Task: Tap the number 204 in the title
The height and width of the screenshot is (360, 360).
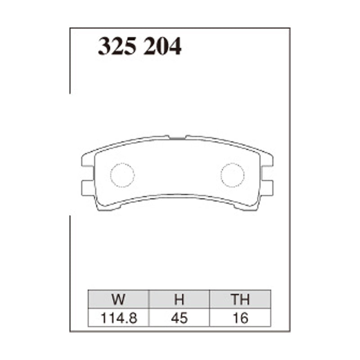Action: click(162, 46)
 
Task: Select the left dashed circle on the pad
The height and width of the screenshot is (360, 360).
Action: click(122, 175)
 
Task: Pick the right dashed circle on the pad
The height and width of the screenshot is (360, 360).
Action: click(232, 175)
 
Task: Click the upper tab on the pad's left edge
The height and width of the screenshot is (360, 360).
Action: click(87, 161)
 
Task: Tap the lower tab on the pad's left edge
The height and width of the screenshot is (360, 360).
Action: click(87, 188)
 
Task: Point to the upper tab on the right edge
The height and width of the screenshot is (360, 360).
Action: click(267, 161)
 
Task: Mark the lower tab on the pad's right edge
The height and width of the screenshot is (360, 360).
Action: click(267, 188)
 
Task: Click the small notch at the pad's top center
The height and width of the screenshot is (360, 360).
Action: click(177, 136)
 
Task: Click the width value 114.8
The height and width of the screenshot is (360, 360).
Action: click(118, 318)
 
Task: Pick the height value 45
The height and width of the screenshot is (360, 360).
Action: click(179, 318)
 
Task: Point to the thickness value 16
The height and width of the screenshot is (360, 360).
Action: click(240, 318)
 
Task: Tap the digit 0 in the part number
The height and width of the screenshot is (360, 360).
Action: click(162, 46)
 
